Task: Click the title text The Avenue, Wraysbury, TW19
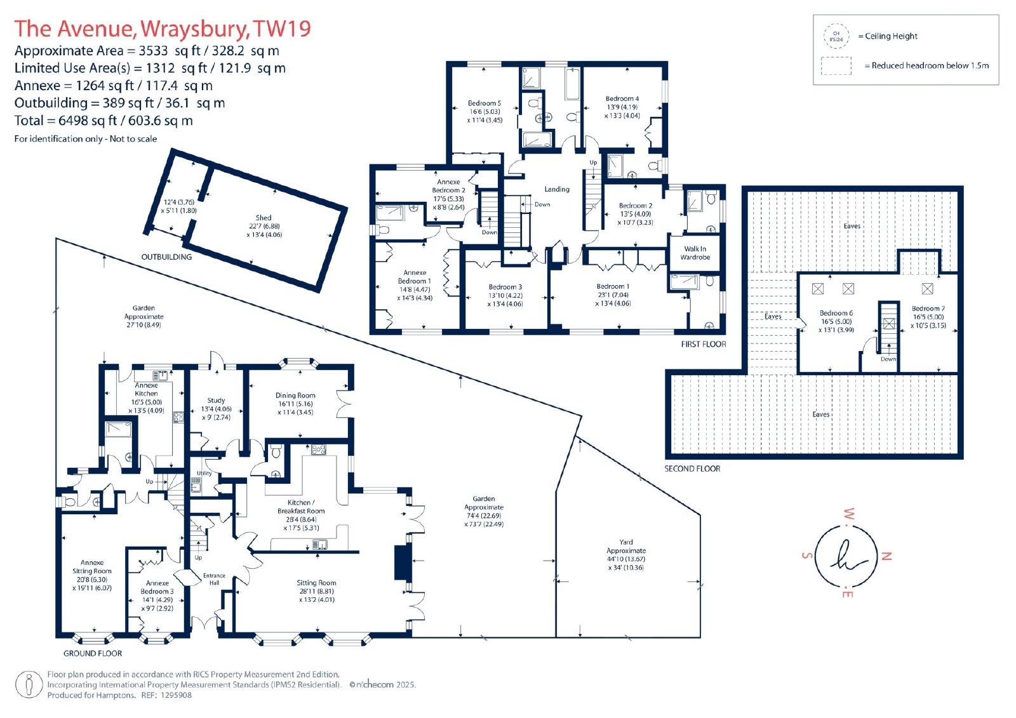point(163,29)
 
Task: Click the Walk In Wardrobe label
point(695,253)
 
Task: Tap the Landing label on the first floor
point(557,190)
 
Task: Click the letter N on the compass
point(886,556)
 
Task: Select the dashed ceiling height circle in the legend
point(836,36)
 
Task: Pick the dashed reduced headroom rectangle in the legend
point(836,66)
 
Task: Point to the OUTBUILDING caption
point(166,256)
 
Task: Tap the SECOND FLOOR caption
point(692,469)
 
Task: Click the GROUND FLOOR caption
point(93,654)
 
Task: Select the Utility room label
point(204,473)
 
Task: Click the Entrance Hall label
point(214,579)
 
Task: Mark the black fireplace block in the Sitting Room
point(401,562)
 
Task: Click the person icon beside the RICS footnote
point(29,684)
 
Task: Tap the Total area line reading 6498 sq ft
point(104,121)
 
